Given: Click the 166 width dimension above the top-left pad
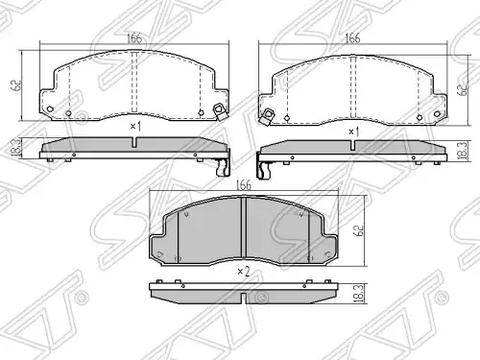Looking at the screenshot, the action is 134,38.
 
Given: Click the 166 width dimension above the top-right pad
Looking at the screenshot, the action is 352,38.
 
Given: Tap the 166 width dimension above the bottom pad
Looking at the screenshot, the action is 244,185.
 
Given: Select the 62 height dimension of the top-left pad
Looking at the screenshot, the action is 17,84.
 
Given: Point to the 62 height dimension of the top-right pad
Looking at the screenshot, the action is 462,90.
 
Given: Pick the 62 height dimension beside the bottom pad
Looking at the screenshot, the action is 360,230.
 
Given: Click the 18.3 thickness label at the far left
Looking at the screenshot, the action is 16,147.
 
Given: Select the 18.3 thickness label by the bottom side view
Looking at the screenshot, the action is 360,294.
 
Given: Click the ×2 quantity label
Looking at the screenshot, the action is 244,272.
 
